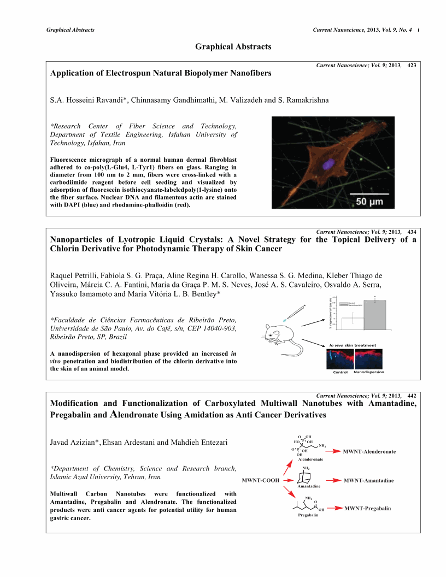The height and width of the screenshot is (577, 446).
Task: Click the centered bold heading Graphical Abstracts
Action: pos(233,47)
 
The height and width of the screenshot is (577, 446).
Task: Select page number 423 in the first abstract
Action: pos(412,65)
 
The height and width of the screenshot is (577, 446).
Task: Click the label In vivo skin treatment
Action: pos(353,345)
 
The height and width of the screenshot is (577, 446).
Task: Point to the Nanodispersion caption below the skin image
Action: pos(369,372)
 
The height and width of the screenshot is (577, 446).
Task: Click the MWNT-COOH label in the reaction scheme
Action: pos(261,480)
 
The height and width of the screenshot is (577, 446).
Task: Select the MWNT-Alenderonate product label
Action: pos(369,452)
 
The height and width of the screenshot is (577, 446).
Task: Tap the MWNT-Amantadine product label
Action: pos(369,480)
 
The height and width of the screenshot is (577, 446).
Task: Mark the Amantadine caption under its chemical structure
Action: pos(309,486)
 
